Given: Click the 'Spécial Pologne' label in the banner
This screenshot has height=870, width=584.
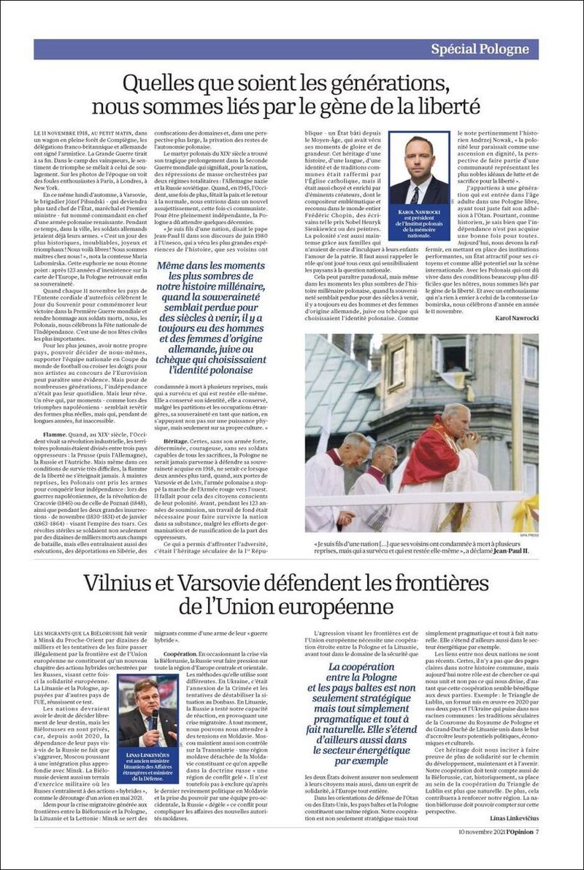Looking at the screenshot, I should [479, 50].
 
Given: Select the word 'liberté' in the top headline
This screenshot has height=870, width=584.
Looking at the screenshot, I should [441, 106].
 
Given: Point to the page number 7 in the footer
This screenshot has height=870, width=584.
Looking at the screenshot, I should [536, 832].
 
